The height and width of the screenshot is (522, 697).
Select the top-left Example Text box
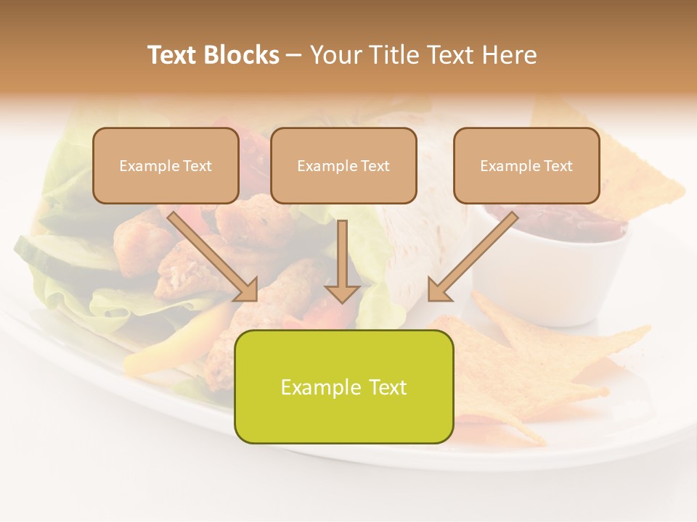coord(166,165)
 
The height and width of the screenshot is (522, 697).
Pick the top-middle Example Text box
coord(343,165)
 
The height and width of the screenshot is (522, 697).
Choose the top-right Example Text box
coord(526,165)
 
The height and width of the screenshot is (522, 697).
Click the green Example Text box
coord(343,386)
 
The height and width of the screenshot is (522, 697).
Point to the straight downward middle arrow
coord(342,261)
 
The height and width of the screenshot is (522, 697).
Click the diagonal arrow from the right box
coord(472,256)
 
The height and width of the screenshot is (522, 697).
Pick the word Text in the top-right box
coord(558,165)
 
